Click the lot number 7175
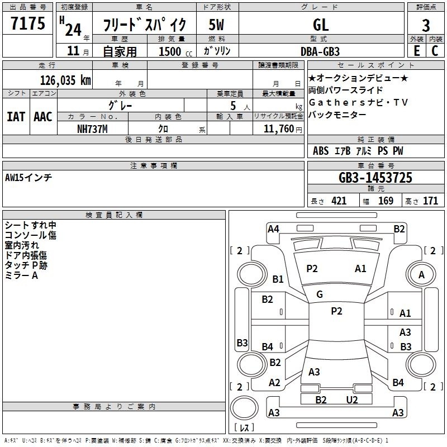[28, 23]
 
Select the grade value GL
[321, 25]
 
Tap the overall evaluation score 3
[426, 26]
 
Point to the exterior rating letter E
[417, 50]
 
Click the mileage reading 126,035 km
[65, 80]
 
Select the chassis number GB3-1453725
[375, 178]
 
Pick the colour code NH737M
[92, 129]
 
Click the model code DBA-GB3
[320, 51]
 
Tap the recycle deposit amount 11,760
[279, 129]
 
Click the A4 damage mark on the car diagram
[273, 229]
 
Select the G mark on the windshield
[320, 294]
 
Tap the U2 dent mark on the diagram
[352, 400]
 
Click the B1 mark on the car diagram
[278, 279]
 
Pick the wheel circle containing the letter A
[421, 274]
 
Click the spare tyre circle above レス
[244, 408]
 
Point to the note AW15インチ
[28, 178]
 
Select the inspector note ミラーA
[21, 275]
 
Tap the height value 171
[430, 201]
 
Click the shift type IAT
[16, 117]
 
